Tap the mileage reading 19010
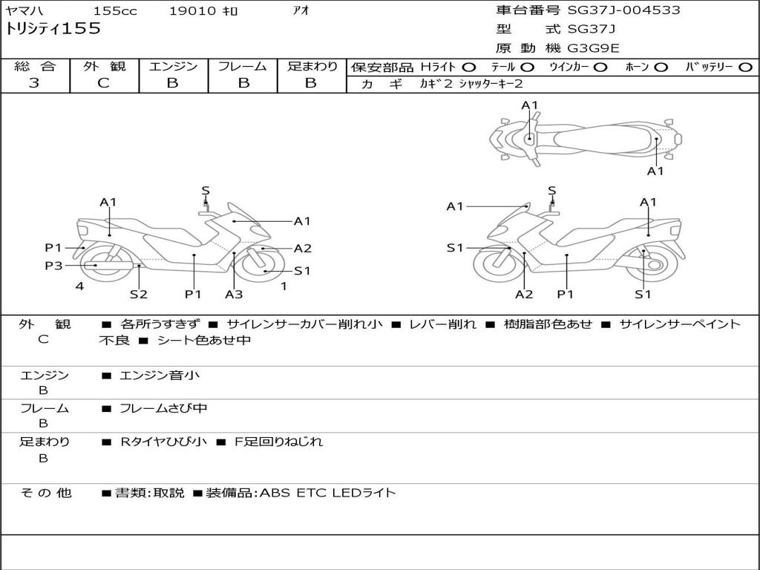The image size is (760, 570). [x=192, y=11]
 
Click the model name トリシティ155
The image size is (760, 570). [x=53, y=29]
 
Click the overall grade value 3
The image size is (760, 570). [x=34, y=83]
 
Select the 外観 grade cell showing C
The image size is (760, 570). [x=104, y=83]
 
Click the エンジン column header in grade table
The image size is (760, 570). [x=173, y=66]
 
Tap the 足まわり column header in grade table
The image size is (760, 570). [x=312, y=66]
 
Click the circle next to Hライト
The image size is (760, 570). [x=469, y=68]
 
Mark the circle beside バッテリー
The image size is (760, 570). [x=746, y=68]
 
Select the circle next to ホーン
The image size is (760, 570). [x=661, y=68]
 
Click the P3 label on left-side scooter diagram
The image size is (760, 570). [x=53, y=266]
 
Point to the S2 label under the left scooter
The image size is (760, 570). [x=138, y=294]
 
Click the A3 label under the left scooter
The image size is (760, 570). [x=234, y=294]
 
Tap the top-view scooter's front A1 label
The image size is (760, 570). [x=529, y=105]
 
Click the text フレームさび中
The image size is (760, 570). [x=163, y=408]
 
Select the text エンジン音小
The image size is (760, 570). [x=160, y=376]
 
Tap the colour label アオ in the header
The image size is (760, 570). [x=301, y=11]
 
